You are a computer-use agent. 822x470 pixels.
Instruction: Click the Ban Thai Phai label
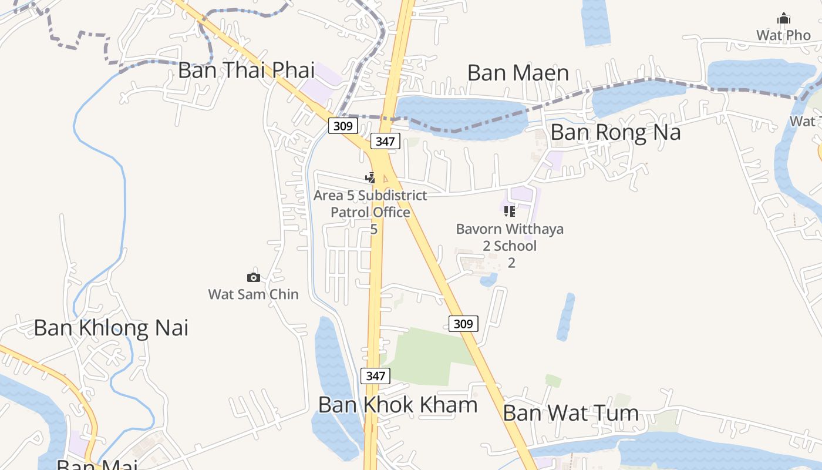(247, 70)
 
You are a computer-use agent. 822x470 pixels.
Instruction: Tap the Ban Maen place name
(518, 73)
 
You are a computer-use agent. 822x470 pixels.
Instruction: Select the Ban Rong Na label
(615, 132)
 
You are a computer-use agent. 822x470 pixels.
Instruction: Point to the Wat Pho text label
(783, 35)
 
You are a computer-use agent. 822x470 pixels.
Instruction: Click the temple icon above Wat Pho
(784, 19)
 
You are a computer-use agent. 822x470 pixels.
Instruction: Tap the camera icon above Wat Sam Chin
(254, 277)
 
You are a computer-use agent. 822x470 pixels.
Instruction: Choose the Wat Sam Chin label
(254, 294)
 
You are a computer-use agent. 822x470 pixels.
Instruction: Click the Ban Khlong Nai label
(111, 328)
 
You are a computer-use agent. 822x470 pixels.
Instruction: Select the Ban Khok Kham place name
(397, 405)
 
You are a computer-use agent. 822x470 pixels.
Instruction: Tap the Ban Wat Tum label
(571, 413)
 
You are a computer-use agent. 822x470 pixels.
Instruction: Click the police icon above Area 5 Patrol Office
(370, 177)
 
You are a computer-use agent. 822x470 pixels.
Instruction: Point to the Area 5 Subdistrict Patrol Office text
(370, 204)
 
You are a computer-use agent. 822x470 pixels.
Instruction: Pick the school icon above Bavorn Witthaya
(510, 211)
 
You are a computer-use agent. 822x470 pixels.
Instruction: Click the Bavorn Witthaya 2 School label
(510, 237)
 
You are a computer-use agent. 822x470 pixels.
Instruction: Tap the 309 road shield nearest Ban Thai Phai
(343, 126)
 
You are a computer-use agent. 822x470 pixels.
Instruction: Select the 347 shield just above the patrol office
(385, 141)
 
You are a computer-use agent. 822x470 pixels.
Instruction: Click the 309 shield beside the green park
(463, 324)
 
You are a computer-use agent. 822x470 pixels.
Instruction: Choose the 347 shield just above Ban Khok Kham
(375, 376)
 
